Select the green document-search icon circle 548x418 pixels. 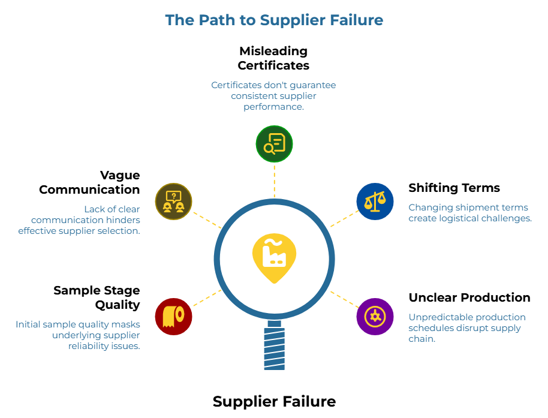274,144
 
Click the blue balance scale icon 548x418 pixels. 375,202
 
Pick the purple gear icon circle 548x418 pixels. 375,317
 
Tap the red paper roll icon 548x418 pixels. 173,316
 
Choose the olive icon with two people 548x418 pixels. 173,202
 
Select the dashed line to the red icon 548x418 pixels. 205,299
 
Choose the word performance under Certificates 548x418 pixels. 273,107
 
